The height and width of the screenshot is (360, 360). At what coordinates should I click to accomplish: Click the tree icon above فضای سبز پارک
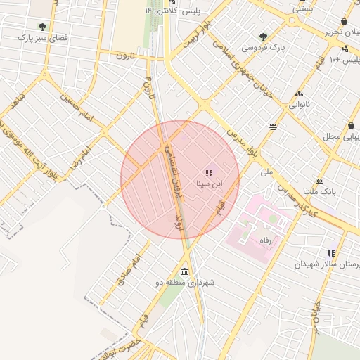point(43,27)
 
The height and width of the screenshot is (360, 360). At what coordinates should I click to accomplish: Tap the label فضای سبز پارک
point(43,37)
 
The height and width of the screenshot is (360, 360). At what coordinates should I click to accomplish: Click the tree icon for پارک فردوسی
point(263,37)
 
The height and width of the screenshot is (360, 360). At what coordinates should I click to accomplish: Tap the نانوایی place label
point(304,105)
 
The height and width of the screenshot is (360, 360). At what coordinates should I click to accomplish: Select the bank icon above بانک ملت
point(320,181)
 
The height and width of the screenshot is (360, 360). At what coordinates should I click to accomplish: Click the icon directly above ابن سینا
point(208,172)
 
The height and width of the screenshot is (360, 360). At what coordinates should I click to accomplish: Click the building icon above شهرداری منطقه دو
point(184,272)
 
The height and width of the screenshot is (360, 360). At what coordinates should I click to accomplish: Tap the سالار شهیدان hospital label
point(326,264)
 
